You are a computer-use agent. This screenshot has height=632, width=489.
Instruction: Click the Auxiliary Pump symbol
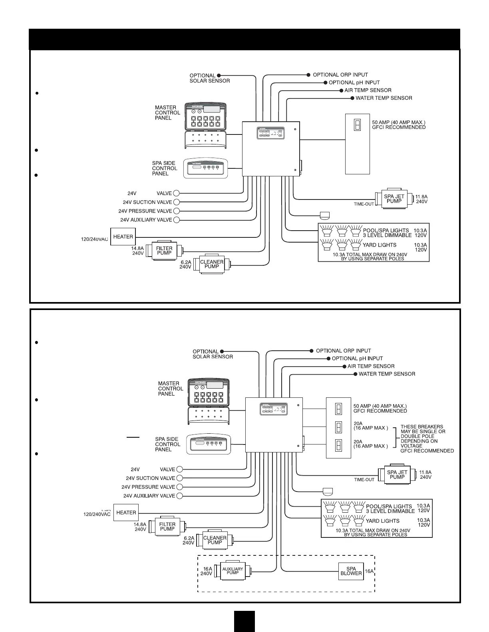click(233, 571)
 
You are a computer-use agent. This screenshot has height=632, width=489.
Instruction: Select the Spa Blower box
click(351, 571)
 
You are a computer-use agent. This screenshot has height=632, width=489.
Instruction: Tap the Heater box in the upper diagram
click(123, 237)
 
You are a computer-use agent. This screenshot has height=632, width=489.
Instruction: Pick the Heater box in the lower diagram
click(126, 513)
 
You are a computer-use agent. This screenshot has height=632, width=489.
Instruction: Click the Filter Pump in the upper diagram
click(164, 251)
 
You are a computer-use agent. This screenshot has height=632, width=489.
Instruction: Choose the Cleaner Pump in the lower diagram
click(215, 540)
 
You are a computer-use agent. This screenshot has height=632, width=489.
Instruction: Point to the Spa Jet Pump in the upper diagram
click(394, 199)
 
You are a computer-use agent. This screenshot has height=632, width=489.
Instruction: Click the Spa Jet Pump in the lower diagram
click(397, 475)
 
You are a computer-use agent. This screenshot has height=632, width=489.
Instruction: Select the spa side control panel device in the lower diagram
click(207, 444)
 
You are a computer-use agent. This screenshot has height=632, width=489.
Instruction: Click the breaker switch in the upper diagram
click(357, 125)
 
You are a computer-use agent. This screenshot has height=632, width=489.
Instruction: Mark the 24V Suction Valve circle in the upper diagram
click(177, 202)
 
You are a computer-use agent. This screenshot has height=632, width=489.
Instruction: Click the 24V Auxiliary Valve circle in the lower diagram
click(179, 496)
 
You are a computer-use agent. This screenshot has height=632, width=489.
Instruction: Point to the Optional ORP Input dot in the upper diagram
click(308, 75)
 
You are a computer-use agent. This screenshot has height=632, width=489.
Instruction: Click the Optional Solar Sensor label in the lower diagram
click(213, 354)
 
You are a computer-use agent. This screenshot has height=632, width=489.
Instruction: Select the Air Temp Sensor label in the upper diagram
click(368, 90)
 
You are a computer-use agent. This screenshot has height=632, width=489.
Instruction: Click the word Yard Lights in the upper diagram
click(380, 245)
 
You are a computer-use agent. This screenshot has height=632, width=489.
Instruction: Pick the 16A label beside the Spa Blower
click(369, 571)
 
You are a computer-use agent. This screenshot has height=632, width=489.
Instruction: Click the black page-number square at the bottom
click(244, 621)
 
